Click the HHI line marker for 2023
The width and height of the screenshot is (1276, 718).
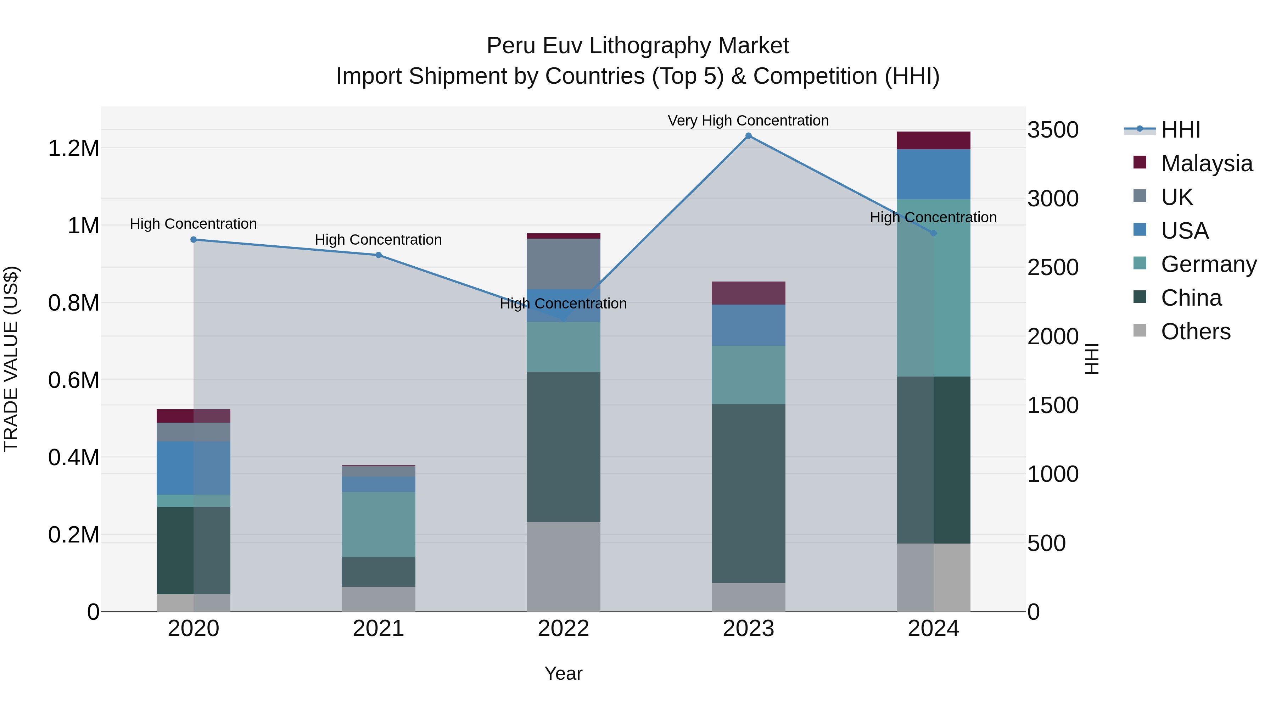[x=749, y=136]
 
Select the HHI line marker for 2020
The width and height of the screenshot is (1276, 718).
[x=194, y=240]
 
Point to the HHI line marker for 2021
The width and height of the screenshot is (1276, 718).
[x=379, y=255]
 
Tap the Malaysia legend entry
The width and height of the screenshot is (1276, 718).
[x=1206, y=163]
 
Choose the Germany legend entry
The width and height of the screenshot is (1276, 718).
[x=1208, y=264]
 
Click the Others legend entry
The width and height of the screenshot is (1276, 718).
[x=1195, y=332]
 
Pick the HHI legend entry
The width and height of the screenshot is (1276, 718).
[x=1180, y=130]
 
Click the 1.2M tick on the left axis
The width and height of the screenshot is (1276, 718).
[x=74, y=148]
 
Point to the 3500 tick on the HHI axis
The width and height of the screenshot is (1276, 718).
[x=1053, y=130]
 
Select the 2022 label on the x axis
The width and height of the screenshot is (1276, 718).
[x=563, y=629]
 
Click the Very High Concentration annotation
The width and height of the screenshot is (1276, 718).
[x=748, y=121]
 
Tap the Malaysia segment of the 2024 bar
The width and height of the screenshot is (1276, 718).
[x=933, y=140]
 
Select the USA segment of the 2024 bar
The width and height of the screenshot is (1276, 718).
[x=933, y=174]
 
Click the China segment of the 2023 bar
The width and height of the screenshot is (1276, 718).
[x=749, y=493]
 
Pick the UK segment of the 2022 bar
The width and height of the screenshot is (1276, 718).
[x=563, y=263]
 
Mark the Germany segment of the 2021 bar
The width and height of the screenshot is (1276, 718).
[x=379, y=524]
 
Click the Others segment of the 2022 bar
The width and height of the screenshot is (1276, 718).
[x=563, y=566]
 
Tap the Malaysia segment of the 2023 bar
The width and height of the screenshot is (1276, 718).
[x=749, y=293]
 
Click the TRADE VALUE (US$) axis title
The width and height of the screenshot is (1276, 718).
[x=11, y=359]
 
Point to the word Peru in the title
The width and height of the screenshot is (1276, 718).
[x=510, y=46]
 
